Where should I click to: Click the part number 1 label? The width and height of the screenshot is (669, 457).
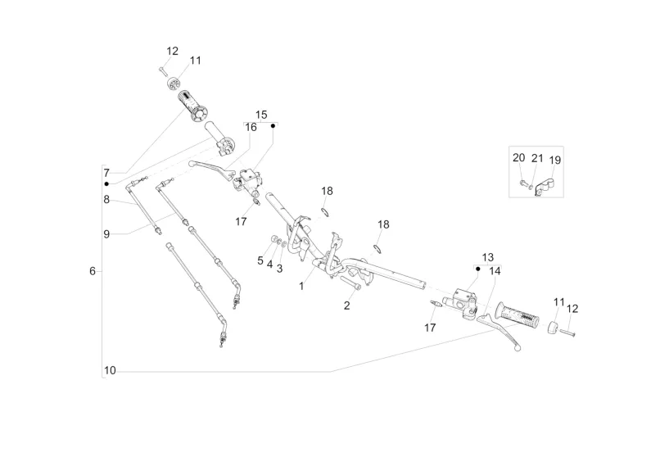[301, 286]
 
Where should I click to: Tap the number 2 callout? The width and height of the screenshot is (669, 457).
[346, 305]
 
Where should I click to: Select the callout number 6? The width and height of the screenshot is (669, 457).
[93, 271]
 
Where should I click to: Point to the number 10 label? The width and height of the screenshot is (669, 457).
[111, 371]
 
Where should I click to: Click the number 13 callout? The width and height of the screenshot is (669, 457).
[488, 257]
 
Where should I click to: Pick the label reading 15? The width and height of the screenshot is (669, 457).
[261, 115]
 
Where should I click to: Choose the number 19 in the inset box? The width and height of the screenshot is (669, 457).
[555, 160]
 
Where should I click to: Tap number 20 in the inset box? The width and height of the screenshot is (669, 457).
[519, 158]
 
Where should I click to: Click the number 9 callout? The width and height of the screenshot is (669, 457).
[106, 233]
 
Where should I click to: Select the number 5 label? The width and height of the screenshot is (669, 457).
[260, 260]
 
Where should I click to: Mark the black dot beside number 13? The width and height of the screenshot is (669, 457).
[477, 268]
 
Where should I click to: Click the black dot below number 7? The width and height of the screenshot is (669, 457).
[106, 183]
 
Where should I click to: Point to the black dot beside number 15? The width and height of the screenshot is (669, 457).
[273, 126]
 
